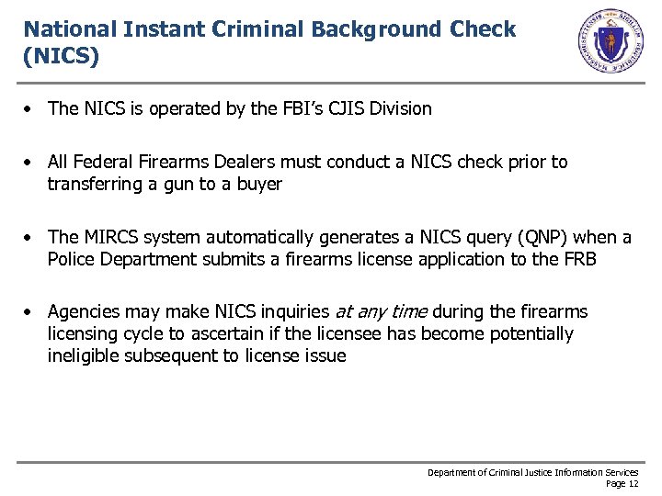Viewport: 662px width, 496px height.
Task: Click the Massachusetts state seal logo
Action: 610,41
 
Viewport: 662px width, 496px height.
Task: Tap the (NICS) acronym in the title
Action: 61,56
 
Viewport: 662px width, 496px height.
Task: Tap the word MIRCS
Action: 112,237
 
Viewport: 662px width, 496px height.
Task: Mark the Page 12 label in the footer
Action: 622,483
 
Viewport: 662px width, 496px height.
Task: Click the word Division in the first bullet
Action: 403,108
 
